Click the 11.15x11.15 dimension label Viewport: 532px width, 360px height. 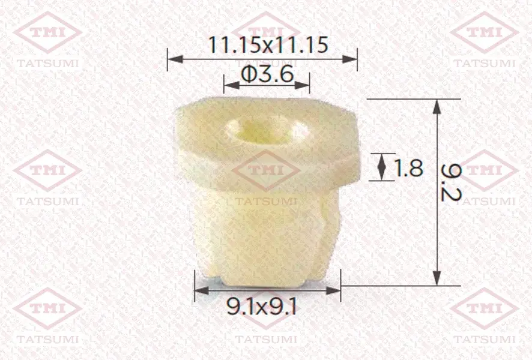[268, 45]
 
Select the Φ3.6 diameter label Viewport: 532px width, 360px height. [267, 74]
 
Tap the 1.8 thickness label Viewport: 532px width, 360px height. [408, 167]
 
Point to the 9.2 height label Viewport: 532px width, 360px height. [450, 182]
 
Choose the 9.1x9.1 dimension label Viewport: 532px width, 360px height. [262, 307]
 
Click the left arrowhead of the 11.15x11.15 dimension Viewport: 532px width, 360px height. [175, 59]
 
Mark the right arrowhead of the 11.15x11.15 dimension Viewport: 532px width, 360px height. [349, 59]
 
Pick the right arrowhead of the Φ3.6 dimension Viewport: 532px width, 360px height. [302, 85]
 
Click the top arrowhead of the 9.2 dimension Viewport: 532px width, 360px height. [437, 107]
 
